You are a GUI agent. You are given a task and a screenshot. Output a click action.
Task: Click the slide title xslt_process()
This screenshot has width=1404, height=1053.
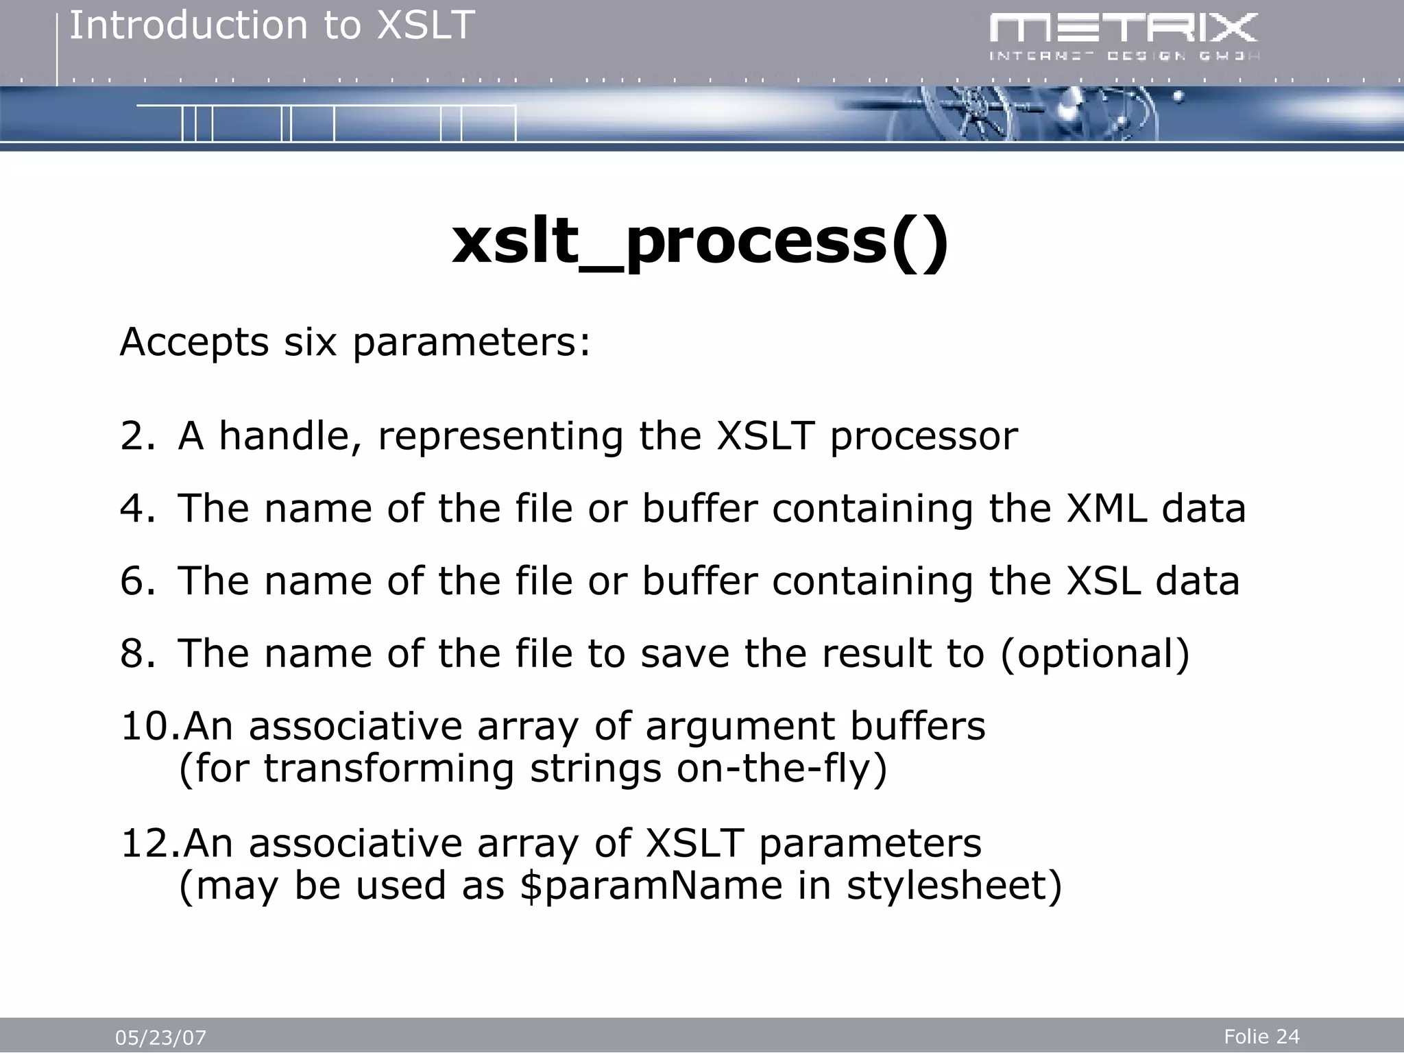point(700,241)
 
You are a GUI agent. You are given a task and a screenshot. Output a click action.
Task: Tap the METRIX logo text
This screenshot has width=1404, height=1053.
point(1123,29)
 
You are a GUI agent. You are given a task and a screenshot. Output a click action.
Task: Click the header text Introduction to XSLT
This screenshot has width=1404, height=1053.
point(271,26)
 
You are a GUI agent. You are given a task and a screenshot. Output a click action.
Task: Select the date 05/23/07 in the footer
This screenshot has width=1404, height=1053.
point(160,1038)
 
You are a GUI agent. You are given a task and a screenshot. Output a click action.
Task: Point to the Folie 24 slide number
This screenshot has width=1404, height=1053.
point(1261,1037)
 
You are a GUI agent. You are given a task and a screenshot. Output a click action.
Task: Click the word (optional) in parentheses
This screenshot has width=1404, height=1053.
point(1095,654)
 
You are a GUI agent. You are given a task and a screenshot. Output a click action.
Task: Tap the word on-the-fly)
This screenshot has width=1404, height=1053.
point(782,768)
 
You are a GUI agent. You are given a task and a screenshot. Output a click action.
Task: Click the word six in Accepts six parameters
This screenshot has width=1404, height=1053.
point(310,342)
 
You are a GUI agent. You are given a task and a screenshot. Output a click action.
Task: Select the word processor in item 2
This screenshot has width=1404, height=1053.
point(923,437)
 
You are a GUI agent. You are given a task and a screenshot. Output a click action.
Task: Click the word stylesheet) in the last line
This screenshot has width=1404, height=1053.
point(954,885)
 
